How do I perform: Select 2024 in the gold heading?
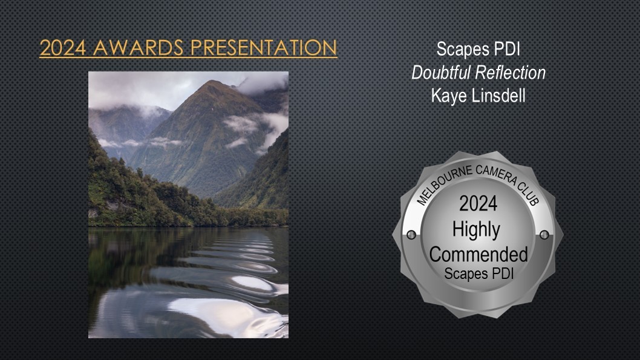click(63, 48)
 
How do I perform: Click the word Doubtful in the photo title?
click(442, 73)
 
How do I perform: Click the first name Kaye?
click(449, 97)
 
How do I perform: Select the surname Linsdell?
click(499, 96)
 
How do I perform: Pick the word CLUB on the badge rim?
click(529, 192)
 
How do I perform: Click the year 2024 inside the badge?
click(478, 203)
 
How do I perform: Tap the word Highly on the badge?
click(476, 230)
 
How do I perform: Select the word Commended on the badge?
click(478, 254)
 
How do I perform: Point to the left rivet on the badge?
click(411, 235)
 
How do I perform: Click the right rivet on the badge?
click(544, 235)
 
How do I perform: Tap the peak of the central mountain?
click(212, 81)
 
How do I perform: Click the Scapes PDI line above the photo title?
click(478, 49)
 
